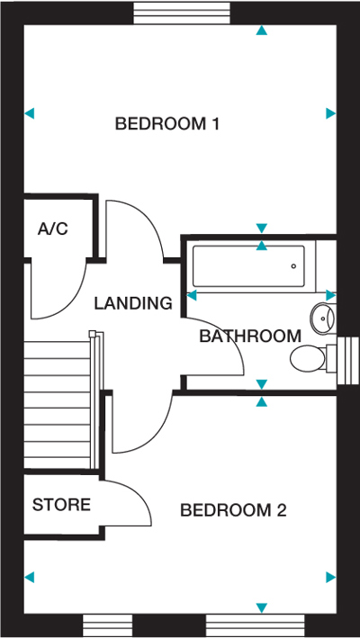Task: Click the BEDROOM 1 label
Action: pyautogui.click(x=167, y=123)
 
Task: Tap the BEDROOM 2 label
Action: pyautogui.click(x=233, y=510)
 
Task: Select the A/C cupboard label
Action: pyautogui.click(x=53, y=229)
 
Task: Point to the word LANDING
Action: pyautogui.click(x=133, y=303)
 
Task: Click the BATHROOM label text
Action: pyautogui.click(x=250, y=336)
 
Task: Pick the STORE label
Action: pyautogui.click(x=61, y=505)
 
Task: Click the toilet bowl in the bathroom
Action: pyautogui.click(x=308, y=358)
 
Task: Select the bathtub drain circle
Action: pyautogui.click(x=293, y=266)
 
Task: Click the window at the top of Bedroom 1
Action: pyautogui.click(x=182, y=13)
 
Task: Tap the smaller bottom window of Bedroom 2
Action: pyautogui.click(x=108, y=625)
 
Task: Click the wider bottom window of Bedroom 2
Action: pyautogui.click(x=256, y=625)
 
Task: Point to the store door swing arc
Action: pyautogui.click(x=139, y=494)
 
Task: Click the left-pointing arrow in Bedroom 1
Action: pyautogui.click(x=30, y=113)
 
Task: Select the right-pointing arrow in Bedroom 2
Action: pyautogui.click(x=330, y=577)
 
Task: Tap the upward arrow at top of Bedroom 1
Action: pyautogui.click(x=262, y=30)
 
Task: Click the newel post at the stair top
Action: pyautogui.click(x=93, y=334)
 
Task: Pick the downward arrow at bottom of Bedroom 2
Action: pyautogui.click(x=262, y=608)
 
